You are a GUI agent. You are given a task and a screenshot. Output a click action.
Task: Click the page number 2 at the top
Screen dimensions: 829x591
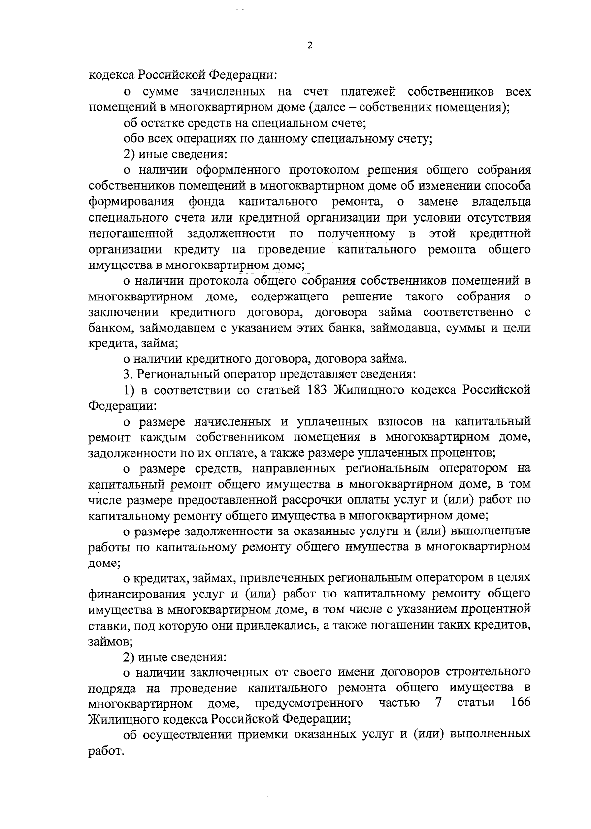coord(309,45)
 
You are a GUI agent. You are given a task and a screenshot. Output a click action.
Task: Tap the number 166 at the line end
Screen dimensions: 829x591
coord(521,702)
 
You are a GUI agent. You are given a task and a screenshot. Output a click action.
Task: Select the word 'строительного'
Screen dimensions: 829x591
coord(488,671)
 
